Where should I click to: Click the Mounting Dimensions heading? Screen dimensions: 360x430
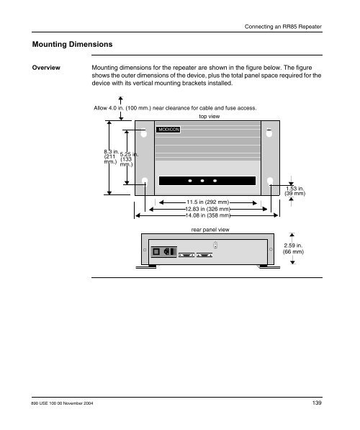pos(73,45)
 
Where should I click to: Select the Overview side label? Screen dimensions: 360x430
pos(46,68)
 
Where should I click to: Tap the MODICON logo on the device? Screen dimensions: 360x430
pos(168,130)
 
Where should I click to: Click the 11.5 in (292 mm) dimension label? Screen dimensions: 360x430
pos(207,202)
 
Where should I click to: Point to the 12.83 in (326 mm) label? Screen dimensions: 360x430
pos(207,209)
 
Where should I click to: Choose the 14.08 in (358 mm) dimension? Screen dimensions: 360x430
pos(208,215)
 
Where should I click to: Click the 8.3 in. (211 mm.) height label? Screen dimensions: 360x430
pos(111,156)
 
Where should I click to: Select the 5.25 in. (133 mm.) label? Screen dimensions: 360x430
pos(129,159)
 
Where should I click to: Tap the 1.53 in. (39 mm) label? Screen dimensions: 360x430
pos(294,191)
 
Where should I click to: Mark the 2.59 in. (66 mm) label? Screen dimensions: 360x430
pos(293,248)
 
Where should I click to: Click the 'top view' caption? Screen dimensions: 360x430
pos(210,116)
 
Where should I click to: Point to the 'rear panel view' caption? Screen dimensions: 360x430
pos(210,230)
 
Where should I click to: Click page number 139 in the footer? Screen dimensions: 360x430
pos(317,403)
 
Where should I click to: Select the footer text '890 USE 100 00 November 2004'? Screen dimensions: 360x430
pos(62,403)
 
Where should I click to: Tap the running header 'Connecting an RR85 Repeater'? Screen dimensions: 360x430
pos(283,27)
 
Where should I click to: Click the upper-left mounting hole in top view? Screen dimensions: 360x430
pos(144,133)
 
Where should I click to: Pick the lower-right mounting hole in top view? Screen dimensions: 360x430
pos(270,182)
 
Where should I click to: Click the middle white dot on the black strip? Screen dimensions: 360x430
pos(202,181)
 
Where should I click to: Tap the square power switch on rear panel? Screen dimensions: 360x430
pos(156,252)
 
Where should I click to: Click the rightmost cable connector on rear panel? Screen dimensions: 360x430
pos(204,255)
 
